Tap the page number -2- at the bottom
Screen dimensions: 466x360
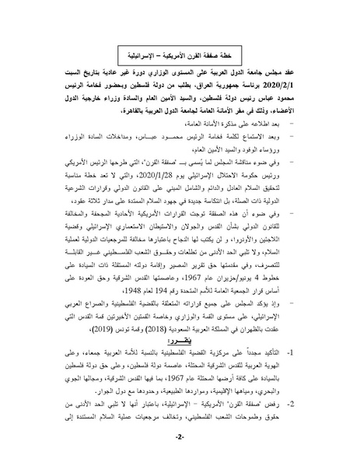[x=180, y=439]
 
